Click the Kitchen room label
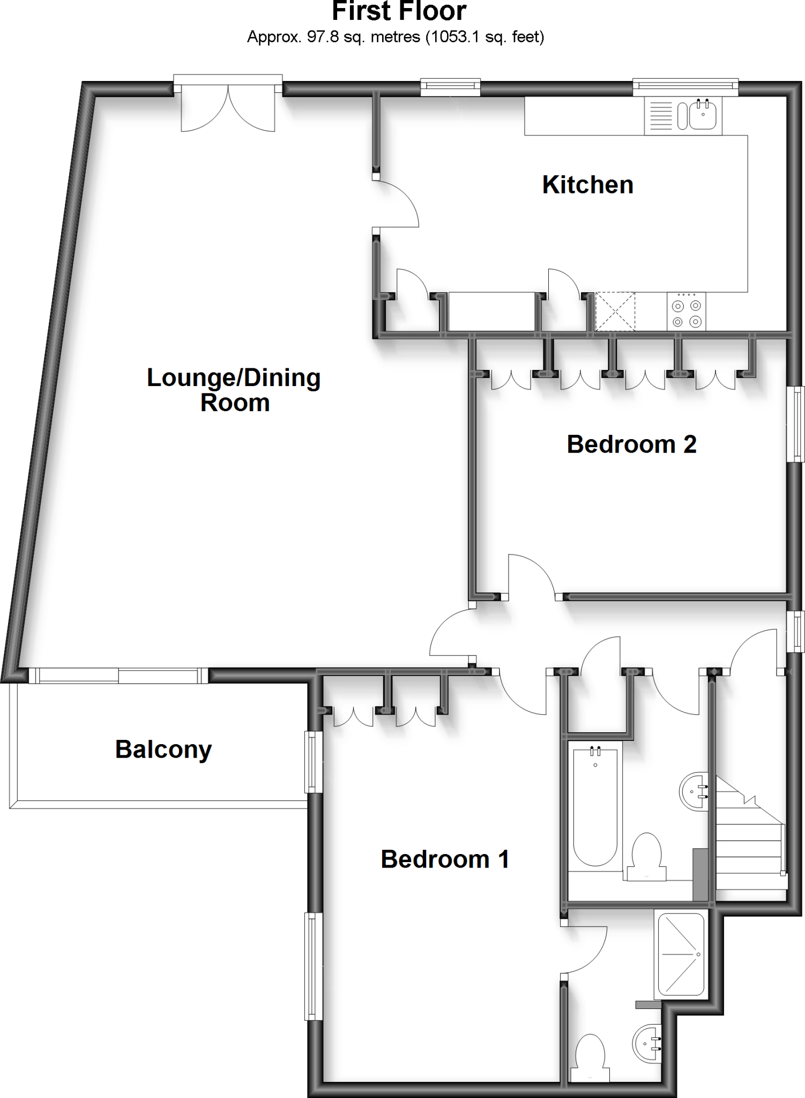pyautogui.click(x=587, y=185)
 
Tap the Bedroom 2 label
pyautogui.click(x=631, y=444)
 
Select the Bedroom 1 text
pyautogui.click(x=444, y=859)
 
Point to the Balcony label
pyautogui.click(x=163, y=749)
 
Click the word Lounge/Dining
pyautogui.click(x=234, y=378)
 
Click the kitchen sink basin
pyautogui.click(x=703, y=115)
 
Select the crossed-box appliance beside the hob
pyautogui.click(x=615, y=312)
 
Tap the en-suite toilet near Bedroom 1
pyautogui.click(x=590, y=1057)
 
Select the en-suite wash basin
pyautogui.click(x=647, y=1043)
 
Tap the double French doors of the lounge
pyautogui.click(x=228, y=110)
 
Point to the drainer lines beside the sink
pyautogui.click(x=660, y=115)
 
